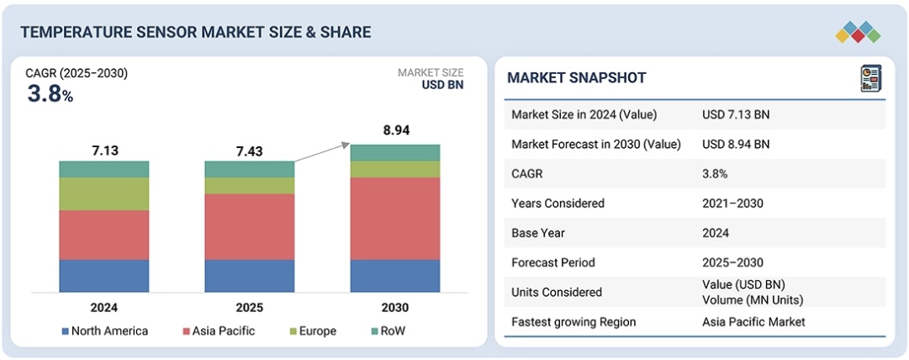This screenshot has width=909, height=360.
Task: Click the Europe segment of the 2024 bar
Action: pyautogui.click(x=103, y=193)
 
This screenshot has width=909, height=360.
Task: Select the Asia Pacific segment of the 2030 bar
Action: pyautogui.click(x=394, y=218)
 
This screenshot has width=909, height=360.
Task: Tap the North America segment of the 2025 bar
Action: pyautogui.click(x=249, y=275)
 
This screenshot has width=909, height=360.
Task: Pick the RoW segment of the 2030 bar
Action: pyautogui.click(x=394, y=152)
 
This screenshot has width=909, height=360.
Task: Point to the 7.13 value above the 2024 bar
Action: pyautogui.click(x=104, y=151)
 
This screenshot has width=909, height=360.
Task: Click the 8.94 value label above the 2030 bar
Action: pyautogui.click(x=394, y=130)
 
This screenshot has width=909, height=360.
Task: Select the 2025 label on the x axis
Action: pyautogui.click(x=249, y=307)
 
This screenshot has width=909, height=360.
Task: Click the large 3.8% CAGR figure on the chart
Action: pyautogui.click(x=50, y=94)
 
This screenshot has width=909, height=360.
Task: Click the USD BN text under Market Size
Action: pyautogui.click(x=442, y=85)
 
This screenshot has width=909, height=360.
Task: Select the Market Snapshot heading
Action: pyautogui.click(x=576, y=78)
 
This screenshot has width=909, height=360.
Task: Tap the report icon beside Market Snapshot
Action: pyautogui.click(x=869, y=78)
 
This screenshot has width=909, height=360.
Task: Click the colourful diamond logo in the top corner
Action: pyautogui.click(x=858, y=32)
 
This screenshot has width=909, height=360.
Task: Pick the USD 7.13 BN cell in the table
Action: pyautogui.click(x=736, y=114)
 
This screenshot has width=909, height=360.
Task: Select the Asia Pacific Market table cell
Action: pyautogui.click(x=753, y=321)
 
